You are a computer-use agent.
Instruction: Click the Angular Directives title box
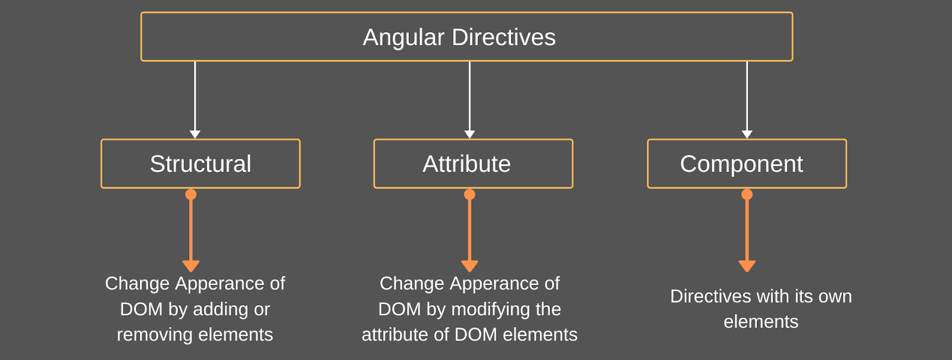(466, 37)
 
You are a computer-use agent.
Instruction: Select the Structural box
(201, 164)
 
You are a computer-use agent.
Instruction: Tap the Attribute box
(473, 164)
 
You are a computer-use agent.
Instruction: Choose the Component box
(747, 164)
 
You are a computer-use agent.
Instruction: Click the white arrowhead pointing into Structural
(195, 134)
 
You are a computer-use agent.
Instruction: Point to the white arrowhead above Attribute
(469, 134)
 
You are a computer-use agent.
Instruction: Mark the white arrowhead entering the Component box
(747, 134)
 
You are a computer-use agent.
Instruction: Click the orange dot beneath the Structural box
(190, 195)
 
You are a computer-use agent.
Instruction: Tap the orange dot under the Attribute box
(469, 195)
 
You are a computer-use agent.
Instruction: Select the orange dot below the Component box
(747, 195)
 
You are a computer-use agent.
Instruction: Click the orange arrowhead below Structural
(190, 265)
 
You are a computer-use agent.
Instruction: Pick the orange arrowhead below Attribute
(469, 265)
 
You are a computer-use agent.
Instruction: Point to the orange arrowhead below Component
(747, 265)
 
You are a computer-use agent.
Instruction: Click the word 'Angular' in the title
(403, 37)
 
